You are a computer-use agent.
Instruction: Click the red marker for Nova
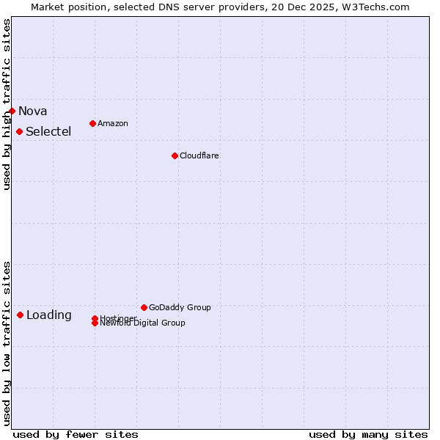point(12,111)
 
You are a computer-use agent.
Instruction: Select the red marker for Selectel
point(20,132)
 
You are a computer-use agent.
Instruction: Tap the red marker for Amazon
point(92,123)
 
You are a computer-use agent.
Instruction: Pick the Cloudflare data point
point(175,155)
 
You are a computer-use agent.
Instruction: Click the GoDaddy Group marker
point(144,307)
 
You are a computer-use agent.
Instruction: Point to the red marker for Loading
point(20,315)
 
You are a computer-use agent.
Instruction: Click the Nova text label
point(33,111)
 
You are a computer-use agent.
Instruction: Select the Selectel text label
point(48,132)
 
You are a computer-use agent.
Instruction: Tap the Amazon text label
point(113,123)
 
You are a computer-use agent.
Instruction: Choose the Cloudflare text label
point(199,155)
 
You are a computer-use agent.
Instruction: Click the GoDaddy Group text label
point(180,307)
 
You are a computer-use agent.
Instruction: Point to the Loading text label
point(49,315)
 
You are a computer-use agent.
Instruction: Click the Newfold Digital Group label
point(143,323)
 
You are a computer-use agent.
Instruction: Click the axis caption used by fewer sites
point(76,434)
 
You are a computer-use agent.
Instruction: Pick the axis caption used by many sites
point(368,434)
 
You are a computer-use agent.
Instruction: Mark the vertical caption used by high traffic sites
point(7,104)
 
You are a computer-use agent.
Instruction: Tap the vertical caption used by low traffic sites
point(7,343)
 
